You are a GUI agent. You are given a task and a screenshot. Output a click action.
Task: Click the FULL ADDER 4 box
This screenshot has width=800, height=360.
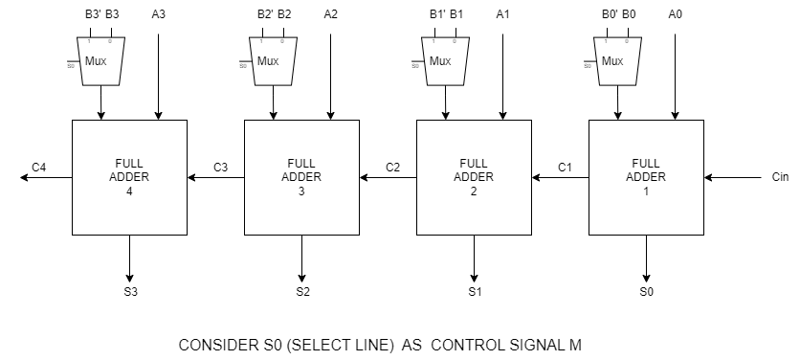point(129,177)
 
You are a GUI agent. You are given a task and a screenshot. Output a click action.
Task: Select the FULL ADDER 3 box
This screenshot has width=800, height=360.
point(301,177)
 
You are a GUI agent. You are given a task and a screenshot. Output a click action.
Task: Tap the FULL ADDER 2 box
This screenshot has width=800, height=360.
point(474,177)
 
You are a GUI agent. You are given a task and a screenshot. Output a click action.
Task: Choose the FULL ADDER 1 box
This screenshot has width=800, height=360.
point(646,177)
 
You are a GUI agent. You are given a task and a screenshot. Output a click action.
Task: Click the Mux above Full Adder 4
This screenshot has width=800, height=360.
point(100,61)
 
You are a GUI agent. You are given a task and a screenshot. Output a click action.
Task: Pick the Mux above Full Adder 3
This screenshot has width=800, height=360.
point(273,61)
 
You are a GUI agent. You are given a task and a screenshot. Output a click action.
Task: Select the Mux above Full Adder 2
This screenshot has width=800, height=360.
point(445,61)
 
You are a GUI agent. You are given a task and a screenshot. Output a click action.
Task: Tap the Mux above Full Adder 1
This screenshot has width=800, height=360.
point(617,61)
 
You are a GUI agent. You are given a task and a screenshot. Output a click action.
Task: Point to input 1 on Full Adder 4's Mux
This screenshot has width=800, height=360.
point(89,41)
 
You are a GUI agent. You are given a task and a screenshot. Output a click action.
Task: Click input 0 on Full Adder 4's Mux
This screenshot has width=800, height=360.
point(109,41)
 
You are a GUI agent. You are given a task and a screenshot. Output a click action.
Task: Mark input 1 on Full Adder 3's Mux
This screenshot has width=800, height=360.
point(261,41)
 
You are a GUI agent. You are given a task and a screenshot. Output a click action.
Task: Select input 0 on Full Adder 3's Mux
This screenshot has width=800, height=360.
point(281,41)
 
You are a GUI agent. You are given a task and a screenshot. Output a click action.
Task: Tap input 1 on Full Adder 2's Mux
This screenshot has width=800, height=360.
point(433,41)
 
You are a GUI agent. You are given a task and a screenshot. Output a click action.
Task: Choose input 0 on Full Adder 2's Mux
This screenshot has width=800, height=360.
point(454,41)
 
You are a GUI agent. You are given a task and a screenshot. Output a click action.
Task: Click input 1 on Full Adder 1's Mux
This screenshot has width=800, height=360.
point(606,41)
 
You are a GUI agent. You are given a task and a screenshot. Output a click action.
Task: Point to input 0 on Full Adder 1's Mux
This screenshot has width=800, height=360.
point(626,41)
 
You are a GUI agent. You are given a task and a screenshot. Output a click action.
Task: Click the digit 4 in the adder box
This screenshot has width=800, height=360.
point(129,191)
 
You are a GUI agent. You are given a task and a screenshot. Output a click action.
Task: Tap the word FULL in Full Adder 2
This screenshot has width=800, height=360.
point(474,163)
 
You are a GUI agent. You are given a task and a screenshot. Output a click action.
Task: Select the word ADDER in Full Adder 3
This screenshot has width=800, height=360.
point(301,177)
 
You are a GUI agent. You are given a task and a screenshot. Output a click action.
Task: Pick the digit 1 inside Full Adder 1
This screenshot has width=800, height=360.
point(646,191)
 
